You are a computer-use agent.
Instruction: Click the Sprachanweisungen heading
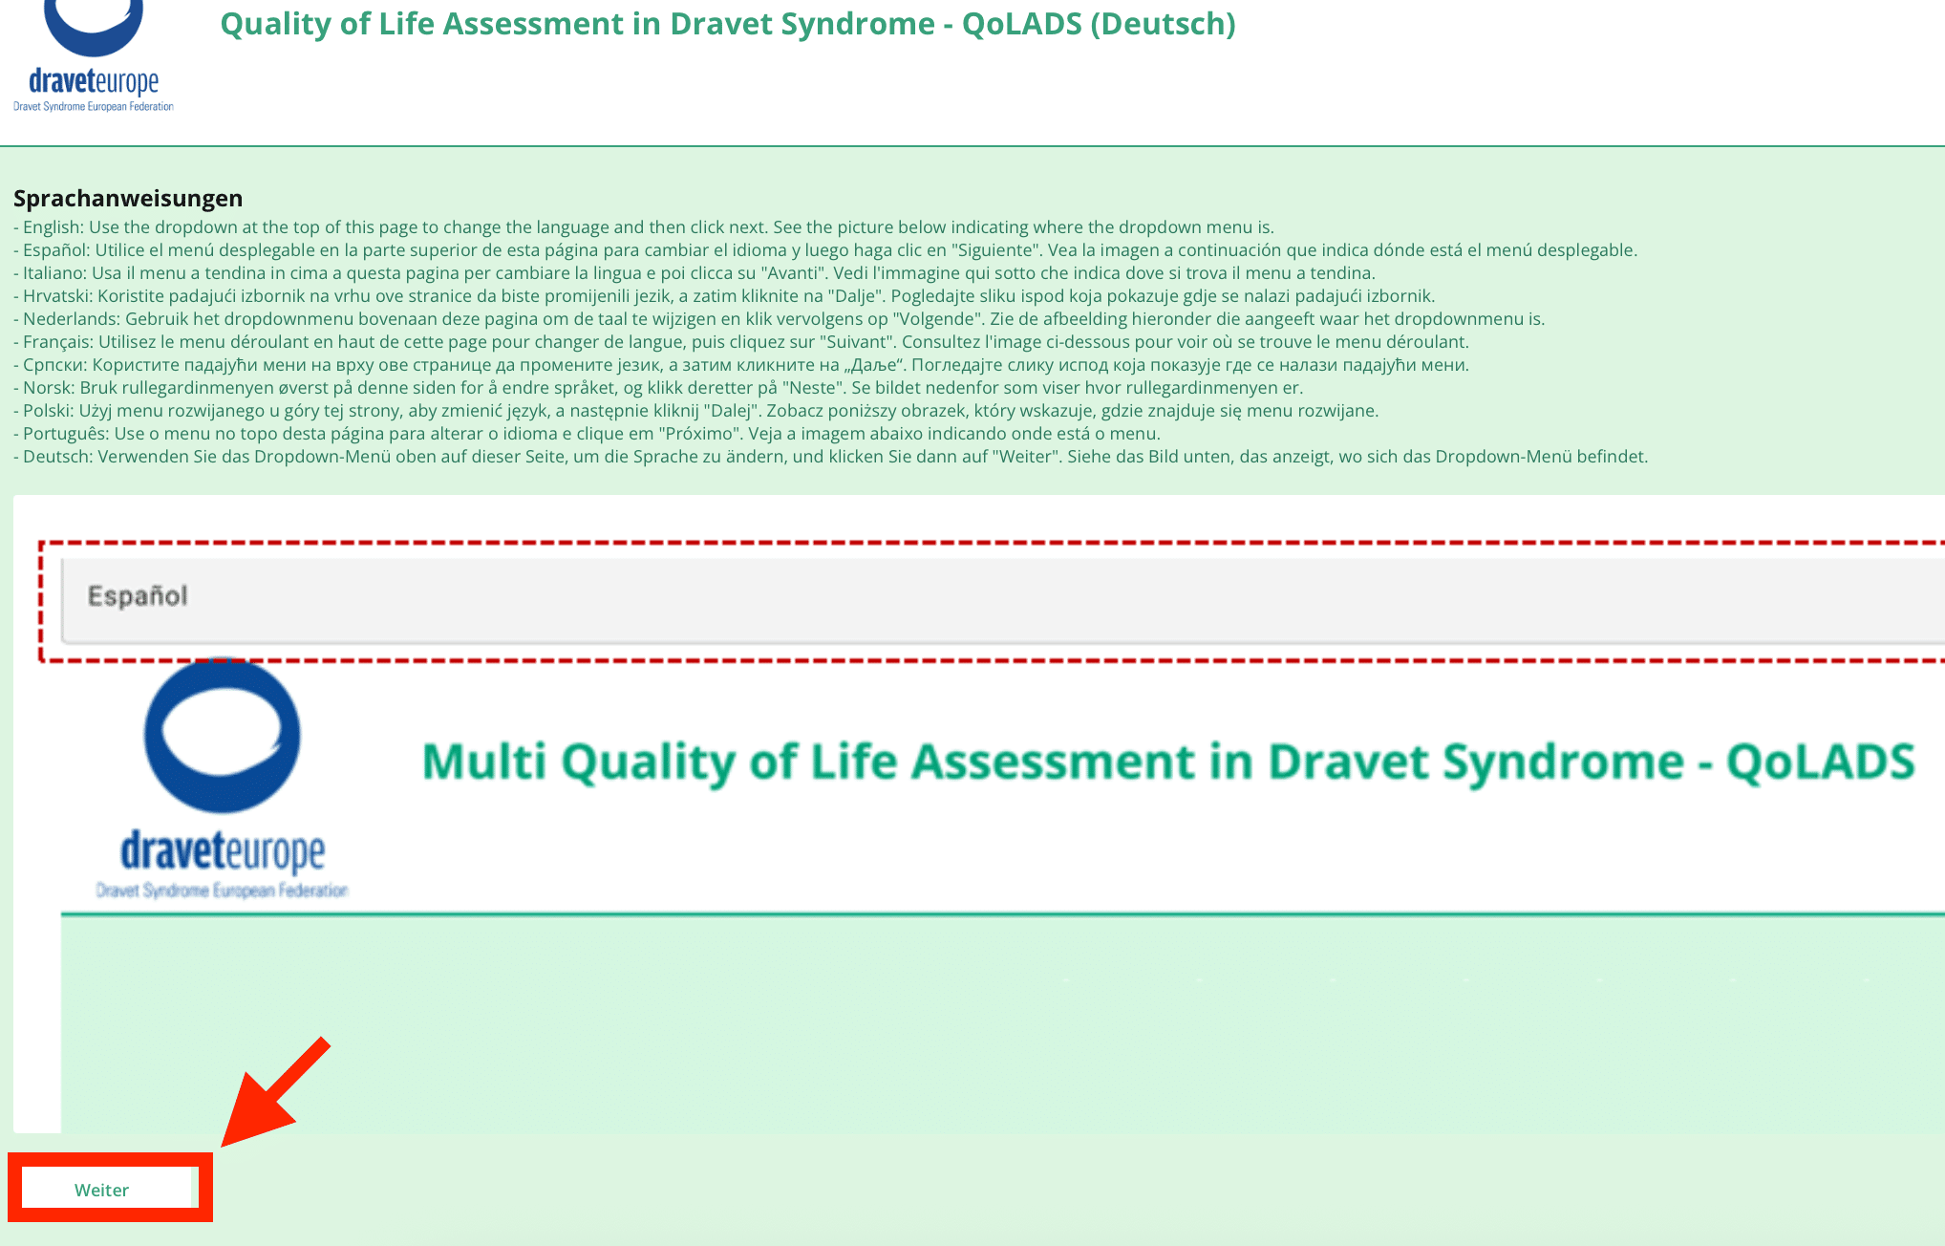(128, 199)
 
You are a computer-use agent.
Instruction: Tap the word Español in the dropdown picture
(138, 596)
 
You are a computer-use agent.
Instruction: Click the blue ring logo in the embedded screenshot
(222, 736)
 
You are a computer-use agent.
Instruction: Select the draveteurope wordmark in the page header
(94, 81)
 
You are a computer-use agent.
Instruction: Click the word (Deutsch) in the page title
(1164, 24)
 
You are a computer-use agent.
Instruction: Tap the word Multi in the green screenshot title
(484, 763)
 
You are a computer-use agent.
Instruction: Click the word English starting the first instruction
(53, 227)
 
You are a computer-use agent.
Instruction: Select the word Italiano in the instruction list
(53, 273)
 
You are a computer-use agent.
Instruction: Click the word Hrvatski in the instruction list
(55, 296)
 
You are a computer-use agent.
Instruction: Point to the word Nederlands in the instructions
(69, 319)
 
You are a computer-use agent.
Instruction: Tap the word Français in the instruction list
(56, 342)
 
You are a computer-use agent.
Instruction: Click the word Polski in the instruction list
(46, 411)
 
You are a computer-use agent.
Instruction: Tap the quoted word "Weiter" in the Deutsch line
(1023, 457)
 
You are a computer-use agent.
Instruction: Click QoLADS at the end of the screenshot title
(1820, 763)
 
